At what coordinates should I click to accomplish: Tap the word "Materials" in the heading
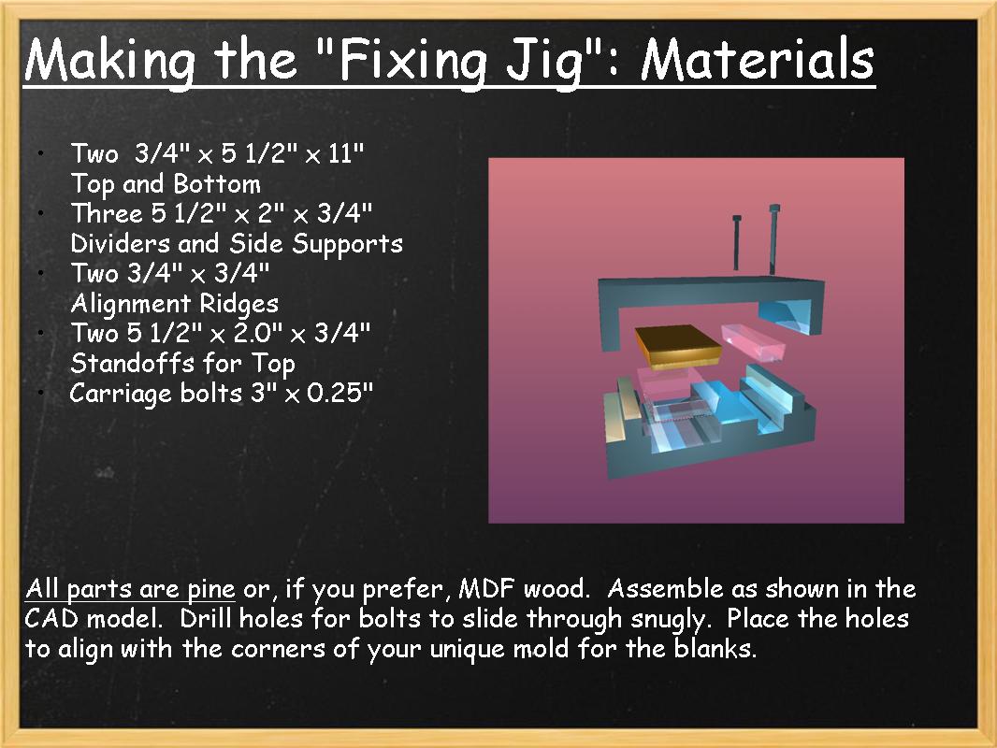[x=758, y=60]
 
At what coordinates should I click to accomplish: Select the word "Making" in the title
[x=110, y=60]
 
